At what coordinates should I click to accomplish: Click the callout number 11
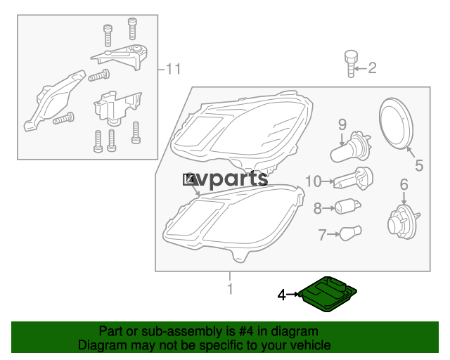tap(174, 69)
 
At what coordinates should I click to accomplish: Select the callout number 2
tap(372, 68)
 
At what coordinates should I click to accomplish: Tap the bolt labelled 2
tap(351, 64)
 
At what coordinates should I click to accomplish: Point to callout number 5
tap(419, 166)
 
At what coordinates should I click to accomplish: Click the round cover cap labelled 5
tap(397, 124)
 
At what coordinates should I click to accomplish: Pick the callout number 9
tap(342, 124)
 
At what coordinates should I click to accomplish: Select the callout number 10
tap(313, 181)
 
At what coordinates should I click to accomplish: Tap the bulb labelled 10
tap(353, 179)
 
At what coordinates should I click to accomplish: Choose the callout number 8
tap(317, 208)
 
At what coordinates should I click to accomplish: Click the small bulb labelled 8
tap(348, 207)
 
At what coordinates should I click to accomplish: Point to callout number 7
tap(322, 235)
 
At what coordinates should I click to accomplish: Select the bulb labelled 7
tap(350, 233)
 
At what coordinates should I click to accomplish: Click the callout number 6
tap(404, 185)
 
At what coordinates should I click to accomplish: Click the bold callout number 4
tap(282, 295)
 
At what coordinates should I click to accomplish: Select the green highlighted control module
tap(328, 294)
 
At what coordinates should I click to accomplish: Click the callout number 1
tap(230, 289)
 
